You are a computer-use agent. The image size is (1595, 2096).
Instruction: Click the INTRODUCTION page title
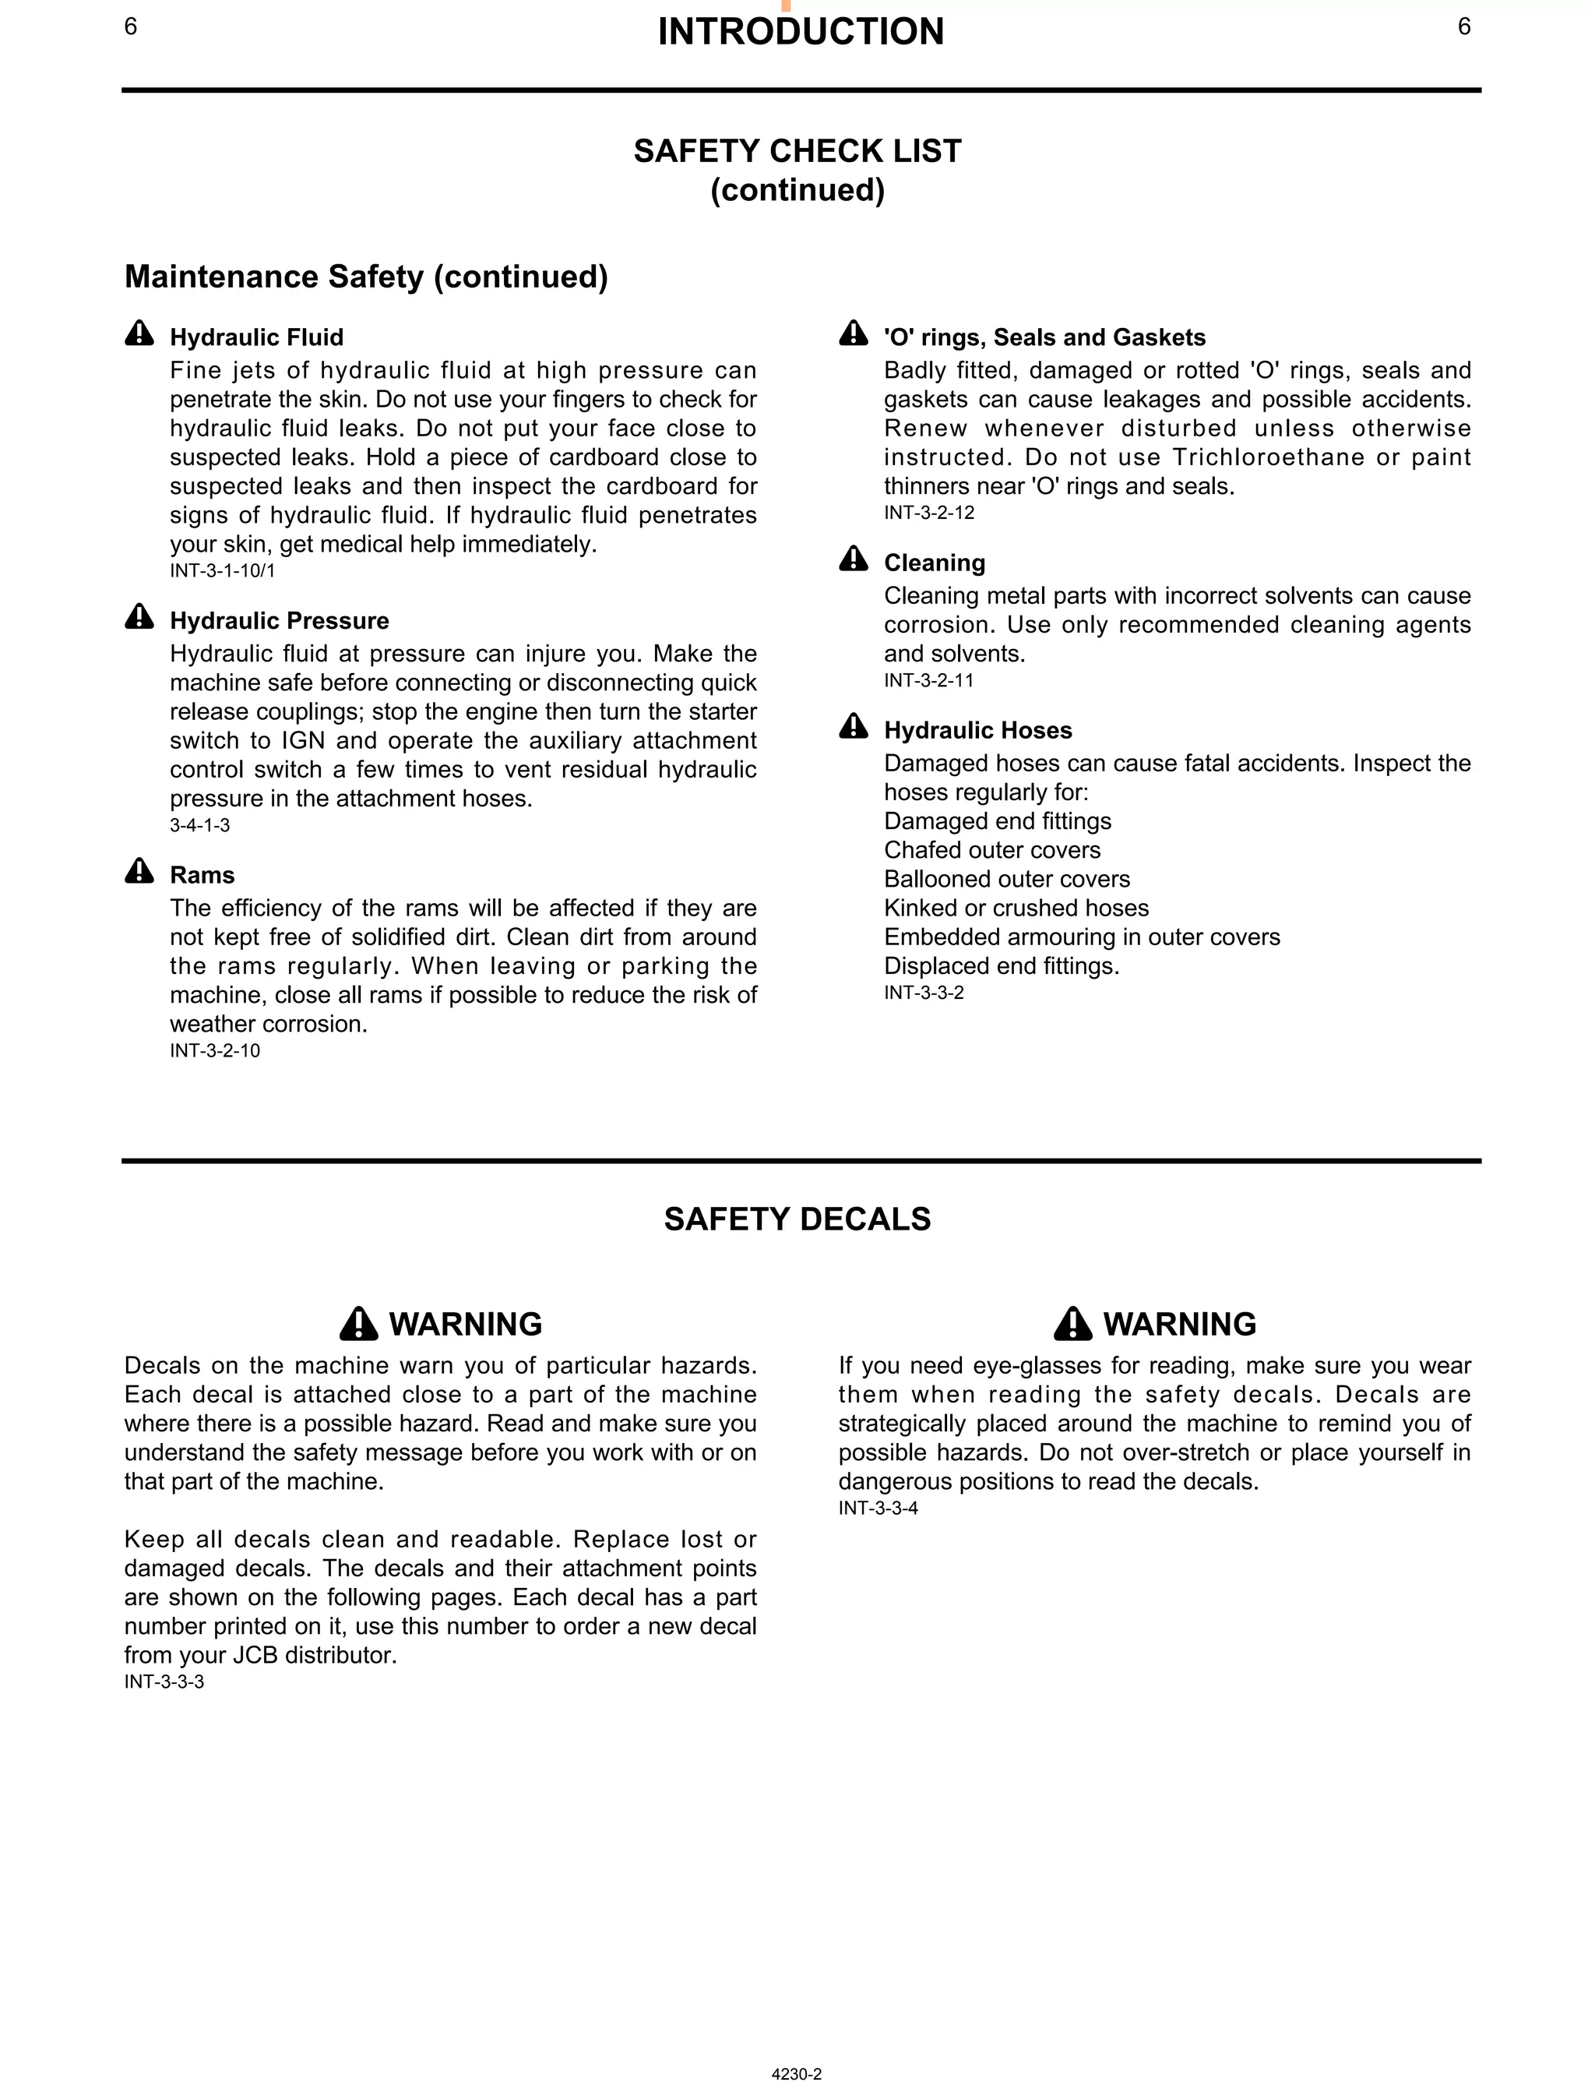tap(801, 31)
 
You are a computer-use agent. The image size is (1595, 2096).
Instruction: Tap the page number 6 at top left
tap(131, 26)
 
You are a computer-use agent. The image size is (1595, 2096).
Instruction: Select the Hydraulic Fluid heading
tap(256, 337)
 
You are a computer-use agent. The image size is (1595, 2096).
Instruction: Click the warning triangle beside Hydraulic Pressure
tap(139, 617)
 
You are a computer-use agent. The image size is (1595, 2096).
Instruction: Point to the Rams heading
tap(202, 875)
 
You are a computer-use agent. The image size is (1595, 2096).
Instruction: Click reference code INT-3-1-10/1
tap(222, 571)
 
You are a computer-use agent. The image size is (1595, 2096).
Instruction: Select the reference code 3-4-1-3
tap(199, 824)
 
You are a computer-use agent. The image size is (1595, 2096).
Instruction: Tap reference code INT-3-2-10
tap(215, 1050)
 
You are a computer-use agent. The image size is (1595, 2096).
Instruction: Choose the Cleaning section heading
tap(935, 563)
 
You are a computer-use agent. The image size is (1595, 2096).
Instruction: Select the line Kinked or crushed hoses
tap(1016, 908)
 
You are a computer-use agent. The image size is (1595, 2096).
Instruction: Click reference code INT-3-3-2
tap(924, 993)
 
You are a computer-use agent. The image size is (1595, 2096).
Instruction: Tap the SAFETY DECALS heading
tap(797, 1219)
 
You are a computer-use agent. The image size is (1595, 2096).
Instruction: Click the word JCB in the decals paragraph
tap(256, 1655)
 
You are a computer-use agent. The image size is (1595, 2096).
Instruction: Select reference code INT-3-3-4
tap(878, 1508)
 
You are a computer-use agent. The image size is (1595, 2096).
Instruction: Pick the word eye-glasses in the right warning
tap(991, 1366)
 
